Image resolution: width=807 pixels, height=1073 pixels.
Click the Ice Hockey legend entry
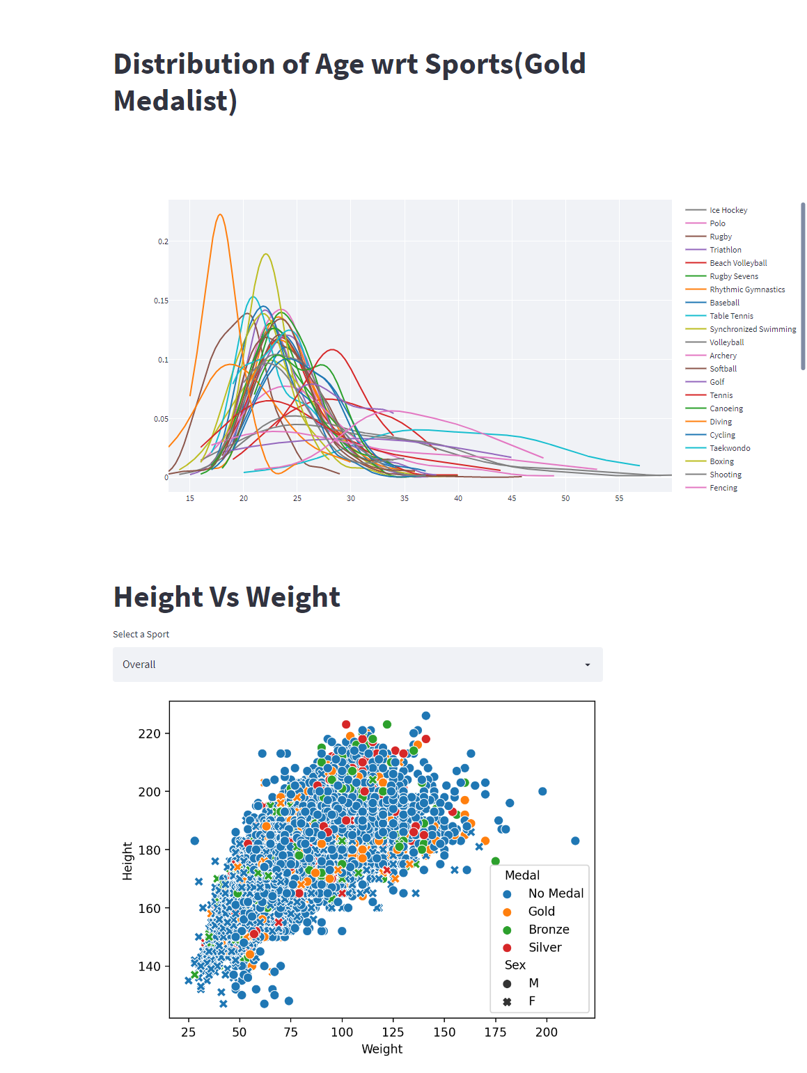[x=728, y=210]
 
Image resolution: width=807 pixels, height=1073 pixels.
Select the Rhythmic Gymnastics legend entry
[x=746, y=289]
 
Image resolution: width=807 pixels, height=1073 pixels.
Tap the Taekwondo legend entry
[x=729, y=448]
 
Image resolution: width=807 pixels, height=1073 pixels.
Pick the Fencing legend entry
[x=723, y=488]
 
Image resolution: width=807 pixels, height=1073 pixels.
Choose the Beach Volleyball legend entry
[x=737, y=263]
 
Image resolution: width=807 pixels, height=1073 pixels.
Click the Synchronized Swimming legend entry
[x=752, y=329]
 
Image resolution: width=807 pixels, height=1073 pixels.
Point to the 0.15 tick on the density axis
[x=161, y=301]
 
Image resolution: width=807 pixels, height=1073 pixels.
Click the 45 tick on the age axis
[x=512, y=498]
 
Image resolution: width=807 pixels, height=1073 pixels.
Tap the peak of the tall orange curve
[x=220, y=214]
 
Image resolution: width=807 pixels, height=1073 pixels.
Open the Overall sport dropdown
[x=357, y=665]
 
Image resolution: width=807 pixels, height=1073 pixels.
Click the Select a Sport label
[x=141, y=634]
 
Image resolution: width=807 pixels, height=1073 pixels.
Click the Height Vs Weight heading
[x=226, y=597]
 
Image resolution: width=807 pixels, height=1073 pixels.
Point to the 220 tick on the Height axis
[x=149, y=733]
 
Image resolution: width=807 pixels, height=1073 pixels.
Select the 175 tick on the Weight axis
[x=495, y=1032]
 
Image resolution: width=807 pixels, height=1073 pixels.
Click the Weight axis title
[x=382, y=1049]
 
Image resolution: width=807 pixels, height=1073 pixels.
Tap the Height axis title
[x=127, y=861]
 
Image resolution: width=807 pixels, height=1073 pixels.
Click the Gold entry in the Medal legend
[x=541, y=912]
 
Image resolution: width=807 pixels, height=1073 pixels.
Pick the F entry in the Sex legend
[x=531, y=1001]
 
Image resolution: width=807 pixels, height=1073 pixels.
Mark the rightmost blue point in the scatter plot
[x=575, y=841]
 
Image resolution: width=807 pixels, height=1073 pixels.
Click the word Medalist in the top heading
[x=175, y=101]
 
